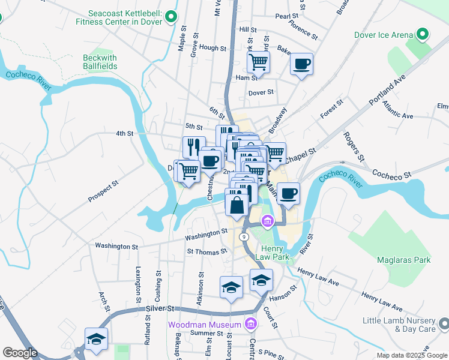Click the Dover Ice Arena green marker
422,34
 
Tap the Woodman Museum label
205,325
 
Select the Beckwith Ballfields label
100,62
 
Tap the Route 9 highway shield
244,237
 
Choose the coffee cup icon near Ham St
301,63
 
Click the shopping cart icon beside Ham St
258,61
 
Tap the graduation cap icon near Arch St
96,339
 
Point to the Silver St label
159,308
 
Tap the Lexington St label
139,280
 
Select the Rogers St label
354,147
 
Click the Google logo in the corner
20,353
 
